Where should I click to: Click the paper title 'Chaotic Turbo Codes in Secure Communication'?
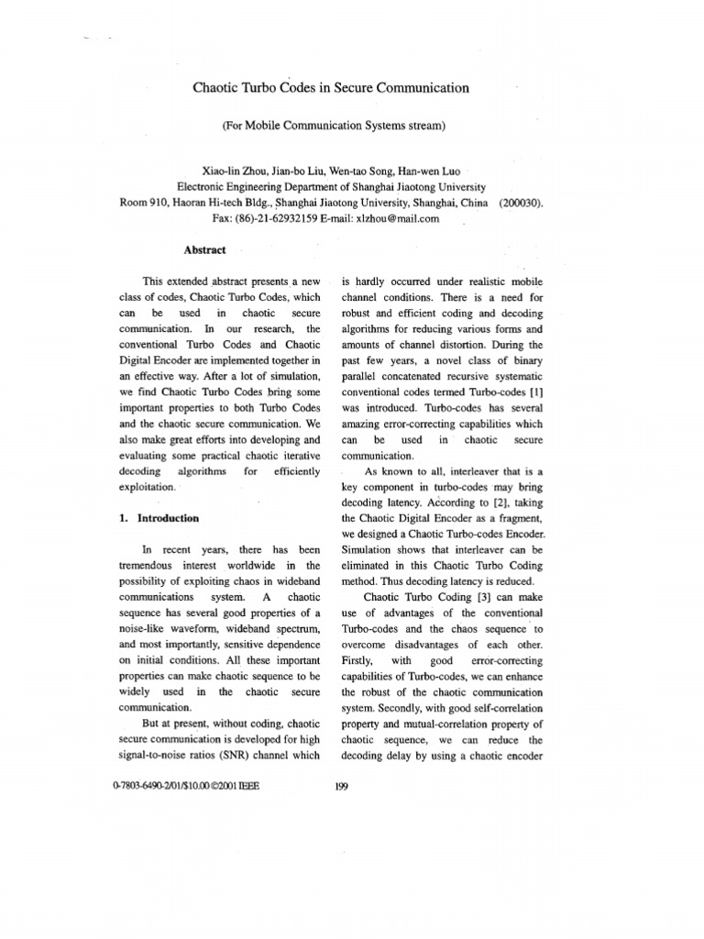[330, 88]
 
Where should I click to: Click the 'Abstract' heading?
[204, 248]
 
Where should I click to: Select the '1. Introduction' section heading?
[159, 518]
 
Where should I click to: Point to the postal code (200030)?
[521, 202]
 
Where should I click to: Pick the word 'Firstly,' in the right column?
[359, 660]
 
